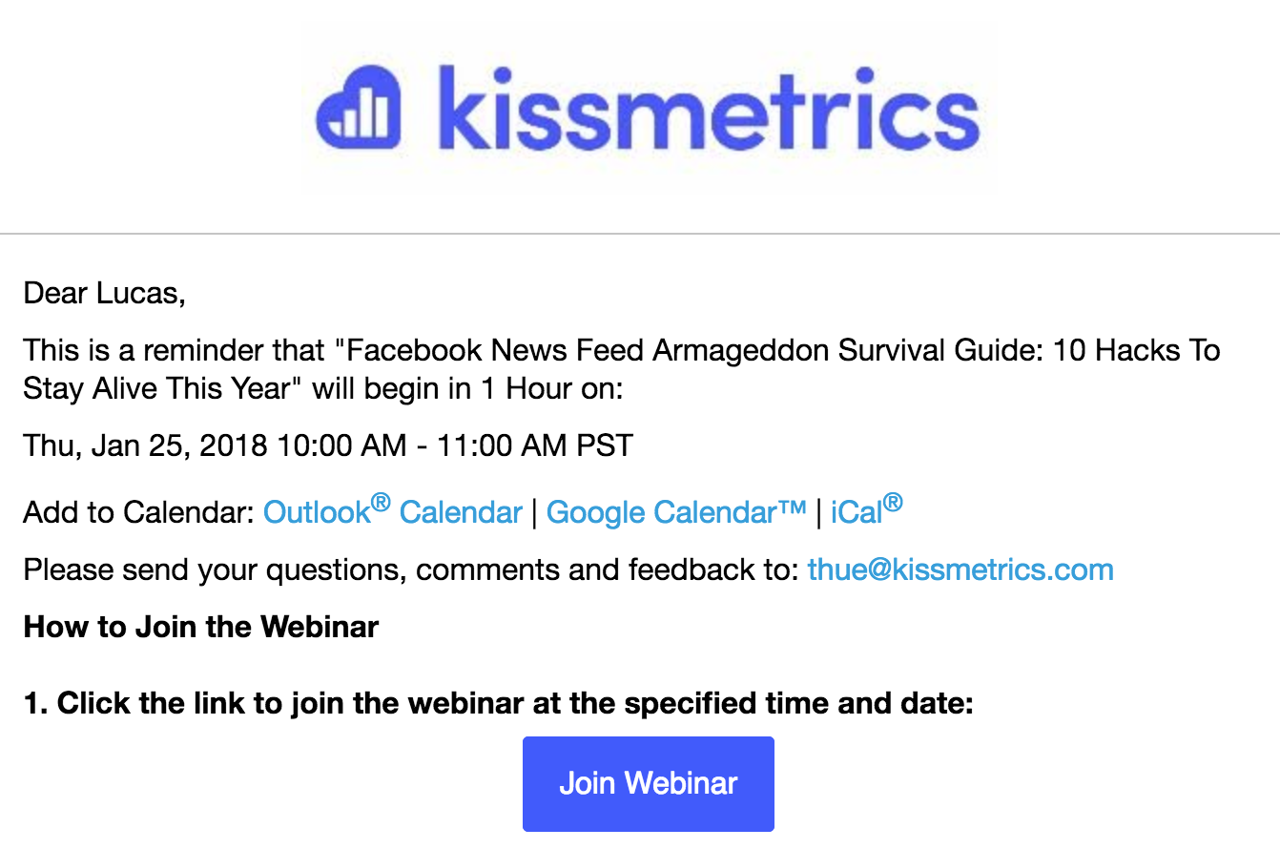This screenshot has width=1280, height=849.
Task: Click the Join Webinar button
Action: pyautogui.click(x=648, y=783)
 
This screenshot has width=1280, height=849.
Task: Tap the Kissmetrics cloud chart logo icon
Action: pyautogui.click(x=359, y=108)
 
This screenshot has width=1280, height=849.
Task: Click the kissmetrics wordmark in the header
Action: pyautogui.click(x=709, y=108)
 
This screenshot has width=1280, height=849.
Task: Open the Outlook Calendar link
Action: pyautogui.click(x=392, y=510)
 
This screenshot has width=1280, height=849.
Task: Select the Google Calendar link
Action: pyautogui.click(x=676, y=512)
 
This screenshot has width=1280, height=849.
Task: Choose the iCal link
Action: pyautogui.click(x=866, y=510)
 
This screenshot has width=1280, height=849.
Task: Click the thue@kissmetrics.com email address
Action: pyautogui.click(x=960, y=569)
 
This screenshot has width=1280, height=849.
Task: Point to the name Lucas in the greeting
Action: pyautogui.click(x=140, y=294)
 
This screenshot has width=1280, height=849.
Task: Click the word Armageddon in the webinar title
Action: pyautogui.click(x=740, y=351)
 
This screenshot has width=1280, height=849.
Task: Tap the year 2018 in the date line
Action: pyautogui.click(x=233, y=445)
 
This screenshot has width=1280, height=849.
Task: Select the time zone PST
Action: pyautogui.click(x=605, y=445)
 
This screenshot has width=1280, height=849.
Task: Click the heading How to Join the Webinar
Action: pyautogui.click(x=201, y=627)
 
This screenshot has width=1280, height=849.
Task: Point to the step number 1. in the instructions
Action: pyautogui.click(x=35, y=703)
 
